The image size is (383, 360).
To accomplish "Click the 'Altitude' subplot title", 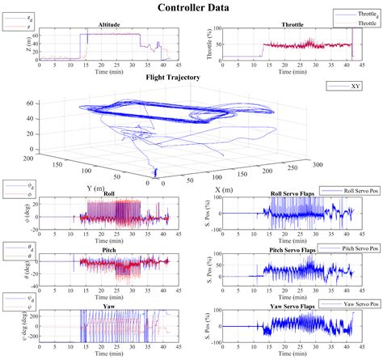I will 107,24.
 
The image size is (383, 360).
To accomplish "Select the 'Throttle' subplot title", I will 293,24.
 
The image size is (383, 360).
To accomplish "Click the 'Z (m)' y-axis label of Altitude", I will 30,45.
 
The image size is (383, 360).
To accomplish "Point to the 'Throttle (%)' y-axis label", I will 212,45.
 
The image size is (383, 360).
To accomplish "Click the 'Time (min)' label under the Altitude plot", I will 107,72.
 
